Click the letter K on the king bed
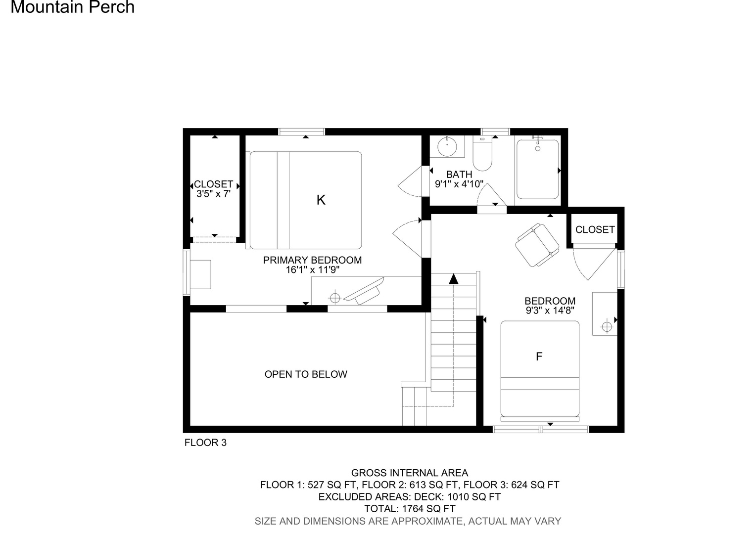pos(321,200)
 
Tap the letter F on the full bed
pos(539,356)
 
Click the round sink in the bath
pos(447,147)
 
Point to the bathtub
pos(538,169)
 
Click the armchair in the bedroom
pos(537,245)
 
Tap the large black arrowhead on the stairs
pos(454,279)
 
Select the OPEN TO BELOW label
pos(306,374)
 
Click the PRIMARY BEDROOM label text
pos(312,260)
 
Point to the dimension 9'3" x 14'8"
pos(550,311)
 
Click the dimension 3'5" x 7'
pos(213,194)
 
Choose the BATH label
pos(459,175)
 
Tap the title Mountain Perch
pos(73,7)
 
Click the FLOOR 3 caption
pos(205,443)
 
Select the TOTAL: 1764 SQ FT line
pos(410,508)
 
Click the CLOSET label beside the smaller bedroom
pos(595,230)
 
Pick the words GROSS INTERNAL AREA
pos(410,473)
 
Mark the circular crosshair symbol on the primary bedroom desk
pos(335,298)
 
